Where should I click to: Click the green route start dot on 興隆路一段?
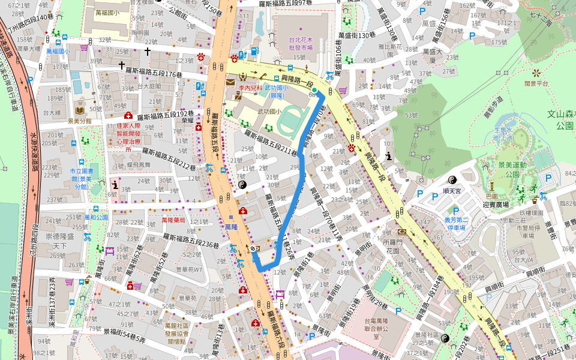pos(314,90)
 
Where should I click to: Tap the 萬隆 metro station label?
pos(231,227)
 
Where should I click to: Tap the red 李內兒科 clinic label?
pos(251,88)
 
